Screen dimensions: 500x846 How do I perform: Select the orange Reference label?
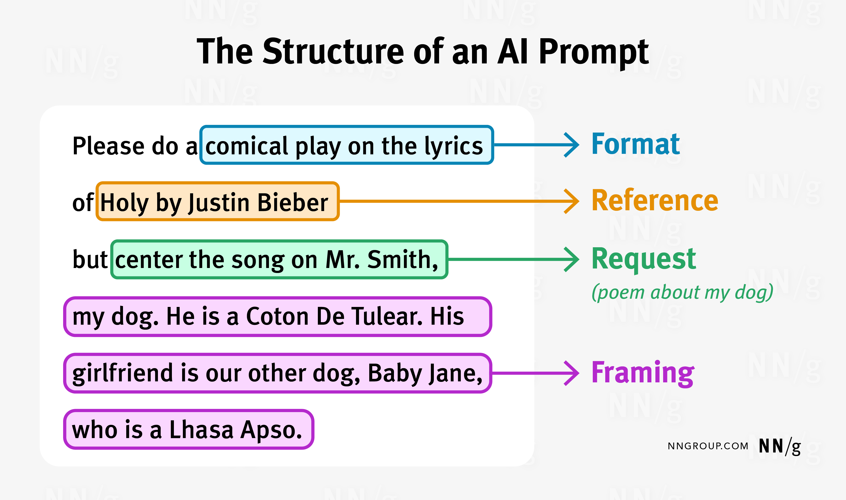point(655,201)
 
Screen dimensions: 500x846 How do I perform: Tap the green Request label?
point(643,259)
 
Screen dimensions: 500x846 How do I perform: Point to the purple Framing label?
point(643,373)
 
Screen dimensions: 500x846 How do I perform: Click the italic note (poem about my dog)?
point(682,292)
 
